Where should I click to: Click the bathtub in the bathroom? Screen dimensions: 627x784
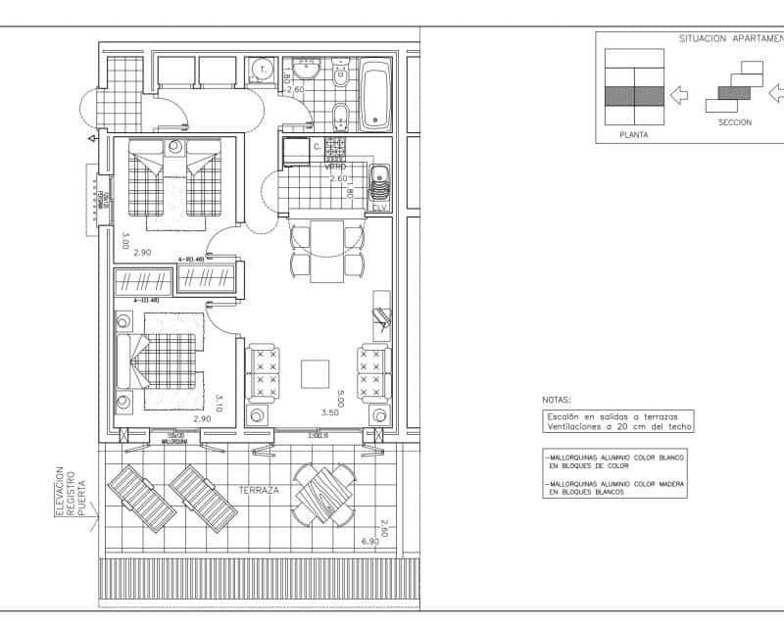[x=375, y=96]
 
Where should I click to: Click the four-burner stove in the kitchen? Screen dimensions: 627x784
[x=335, y=146]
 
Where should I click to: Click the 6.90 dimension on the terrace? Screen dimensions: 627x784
[x=369, y=541]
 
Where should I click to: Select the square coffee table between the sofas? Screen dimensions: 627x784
[x=316, y=373]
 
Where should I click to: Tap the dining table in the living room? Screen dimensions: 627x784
[x=326, y=251]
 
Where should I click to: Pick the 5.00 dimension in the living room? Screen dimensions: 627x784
[x=340, y=399]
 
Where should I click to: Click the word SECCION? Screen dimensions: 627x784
[x=734, y=122]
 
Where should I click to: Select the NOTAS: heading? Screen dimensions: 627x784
[x=556, y=400]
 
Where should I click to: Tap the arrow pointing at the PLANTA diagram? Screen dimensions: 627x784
[x=679, y=94]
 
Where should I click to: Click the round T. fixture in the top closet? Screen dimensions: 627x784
[x=262, y=70]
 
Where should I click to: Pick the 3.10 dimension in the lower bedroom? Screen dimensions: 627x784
[x=220, y=403]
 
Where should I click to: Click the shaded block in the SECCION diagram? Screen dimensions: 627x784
[x=734, y=92]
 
